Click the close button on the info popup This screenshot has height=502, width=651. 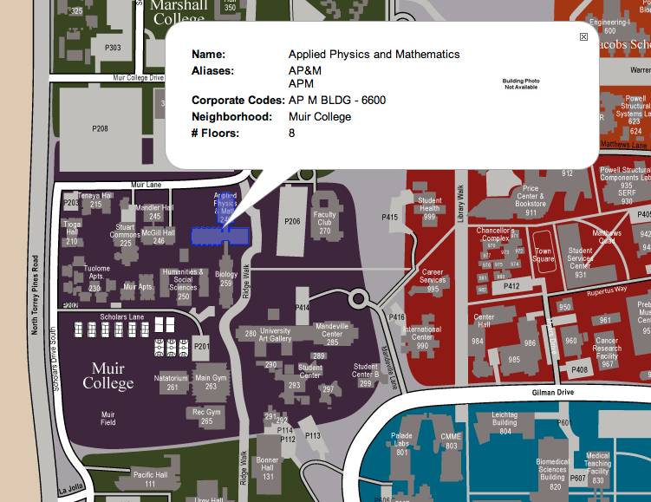(x=583, y=36)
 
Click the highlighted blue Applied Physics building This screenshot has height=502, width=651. (x=220, y=235)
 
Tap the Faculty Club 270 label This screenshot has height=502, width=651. (x=324, y=223)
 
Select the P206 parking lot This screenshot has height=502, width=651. (x=292, y=222)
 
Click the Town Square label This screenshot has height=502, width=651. (x=543, y=255)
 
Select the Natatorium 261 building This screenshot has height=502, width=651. (x=171, y=383)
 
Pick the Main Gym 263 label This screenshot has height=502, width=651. (x=212, y=382)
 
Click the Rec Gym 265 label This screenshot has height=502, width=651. (x=206, y=417)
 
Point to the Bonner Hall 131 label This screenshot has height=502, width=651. (x=268, y=468)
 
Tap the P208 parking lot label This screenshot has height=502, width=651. (x=101, y=128)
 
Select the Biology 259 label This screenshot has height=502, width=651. (x=227, y=278)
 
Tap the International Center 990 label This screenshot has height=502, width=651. (x=421, y=337)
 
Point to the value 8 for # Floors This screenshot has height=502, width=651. (x=292, y=133)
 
